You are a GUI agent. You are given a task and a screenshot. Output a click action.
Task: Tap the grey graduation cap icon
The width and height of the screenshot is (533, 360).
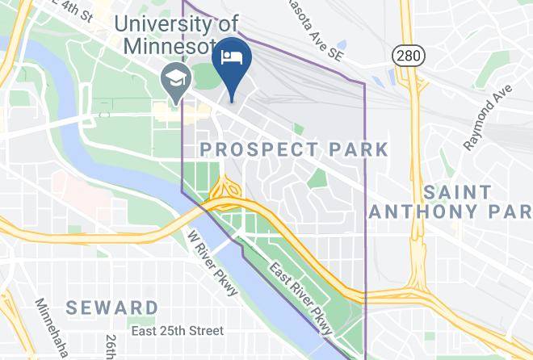(x=174, y=79)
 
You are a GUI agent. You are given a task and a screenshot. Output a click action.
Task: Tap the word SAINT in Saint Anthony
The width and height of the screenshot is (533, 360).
(x=457, y=192)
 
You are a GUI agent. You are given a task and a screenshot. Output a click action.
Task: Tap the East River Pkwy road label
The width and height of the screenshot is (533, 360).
(x=301, y=299)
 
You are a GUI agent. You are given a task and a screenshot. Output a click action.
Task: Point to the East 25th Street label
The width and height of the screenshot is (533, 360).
(x=177, y=331)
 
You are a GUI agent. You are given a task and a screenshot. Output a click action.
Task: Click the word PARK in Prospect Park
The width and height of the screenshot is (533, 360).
(x=357, y=150)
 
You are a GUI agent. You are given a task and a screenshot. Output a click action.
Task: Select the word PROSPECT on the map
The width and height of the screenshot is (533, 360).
(x=258, y=150)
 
